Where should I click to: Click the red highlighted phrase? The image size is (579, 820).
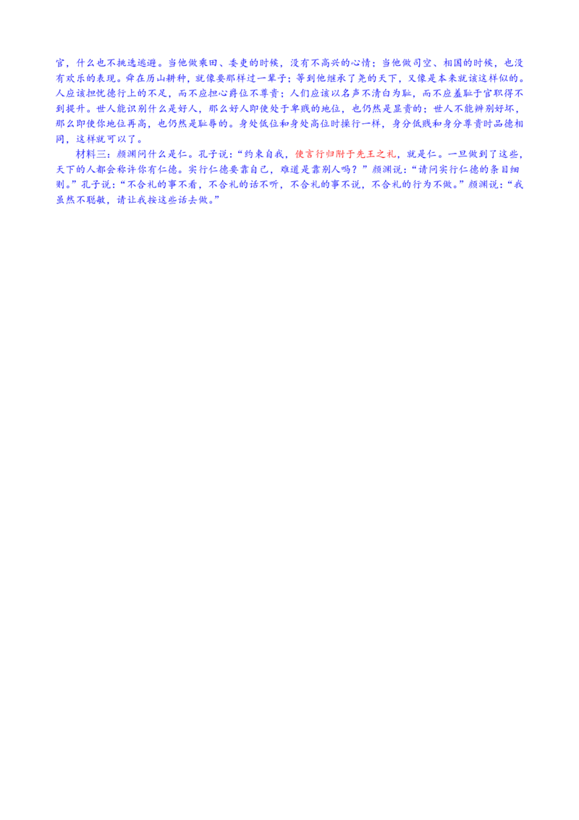[346, 154]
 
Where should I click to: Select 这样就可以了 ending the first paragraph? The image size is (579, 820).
[109, 139]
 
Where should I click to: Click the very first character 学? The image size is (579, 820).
[59, 63]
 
